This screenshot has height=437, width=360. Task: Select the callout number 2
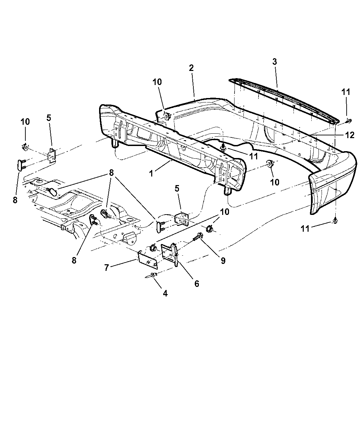[191, 68]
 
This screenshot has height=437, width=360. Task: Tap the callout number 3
[275, 62]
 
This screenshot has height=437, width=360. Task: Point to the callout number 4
[165, 293]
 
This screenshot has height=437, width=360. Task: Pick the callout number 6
[196, 284]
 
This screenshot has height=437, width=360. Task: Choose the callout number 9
[223, 261]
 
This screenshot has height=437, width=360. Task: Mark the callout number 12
[350, 135]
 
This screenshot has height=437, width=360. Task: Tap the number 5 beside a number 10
[48, 118]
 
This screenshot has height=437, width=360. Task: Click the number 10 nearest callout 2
[157, 82]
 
